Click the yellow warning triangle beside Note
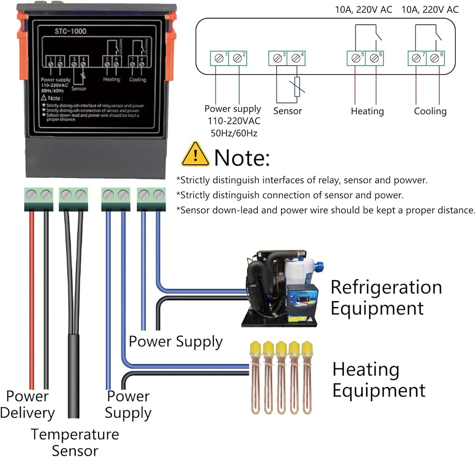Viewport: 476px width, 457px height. (195, 154)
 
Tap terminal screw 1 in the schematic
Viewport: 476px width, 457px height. (219, 59)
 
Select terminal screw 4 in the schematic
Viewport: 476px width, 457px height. (296, 59)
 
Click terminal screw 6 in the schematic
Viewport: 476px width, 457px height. (375, 59)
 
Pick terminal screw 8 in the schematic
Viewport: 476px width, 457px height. (435, 59)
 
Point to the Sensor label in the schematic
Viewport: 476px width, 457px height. (288, 111)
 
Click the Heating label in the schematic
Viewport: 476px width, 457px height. (367, 111)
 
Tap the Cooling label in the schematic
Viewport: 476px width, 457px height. (430, 111)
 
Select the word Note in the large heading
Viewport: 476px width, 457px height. (242, 157)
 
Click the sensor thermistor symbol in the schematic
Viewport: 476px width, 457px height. (297, 87)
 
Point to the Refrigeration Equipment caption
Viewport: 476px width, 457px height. (386, 298)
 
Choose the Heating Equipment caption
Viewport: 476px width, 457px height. (379, 380)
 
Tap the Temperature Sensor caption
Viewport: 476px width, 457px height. (75, 442)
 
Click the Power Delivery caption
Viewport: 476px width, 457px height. (28, 405)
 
